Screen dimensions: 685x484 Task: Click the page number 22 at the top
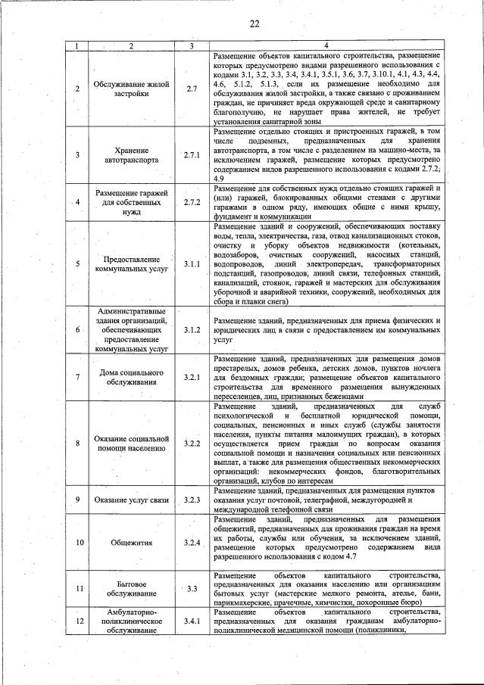(x=254, y=24)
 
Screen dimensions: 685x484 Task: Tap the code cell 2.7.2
(x=191, y=203)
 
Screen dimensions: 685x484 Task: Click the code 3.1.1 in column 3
(x=191, y=264)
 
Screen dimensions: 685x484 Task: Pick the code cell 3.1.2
(x=191, y=329)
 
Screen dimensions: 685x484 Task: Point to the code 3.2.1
(x=191, y=377)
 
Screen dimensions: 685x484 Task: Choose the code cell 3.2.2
(x=191, y=443)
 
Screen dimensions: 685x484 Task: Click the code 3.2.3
(x=191, y=500)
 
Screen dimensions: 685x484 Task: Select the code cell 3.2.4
(x=191, y=543)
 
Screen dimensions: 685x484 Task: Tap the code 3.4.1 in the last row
(x=191, y=621)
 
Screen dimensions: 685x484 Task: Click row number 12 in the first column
(x=77, y=621)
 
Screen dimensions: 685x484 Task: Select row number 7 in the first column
(x=77, y=377)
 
